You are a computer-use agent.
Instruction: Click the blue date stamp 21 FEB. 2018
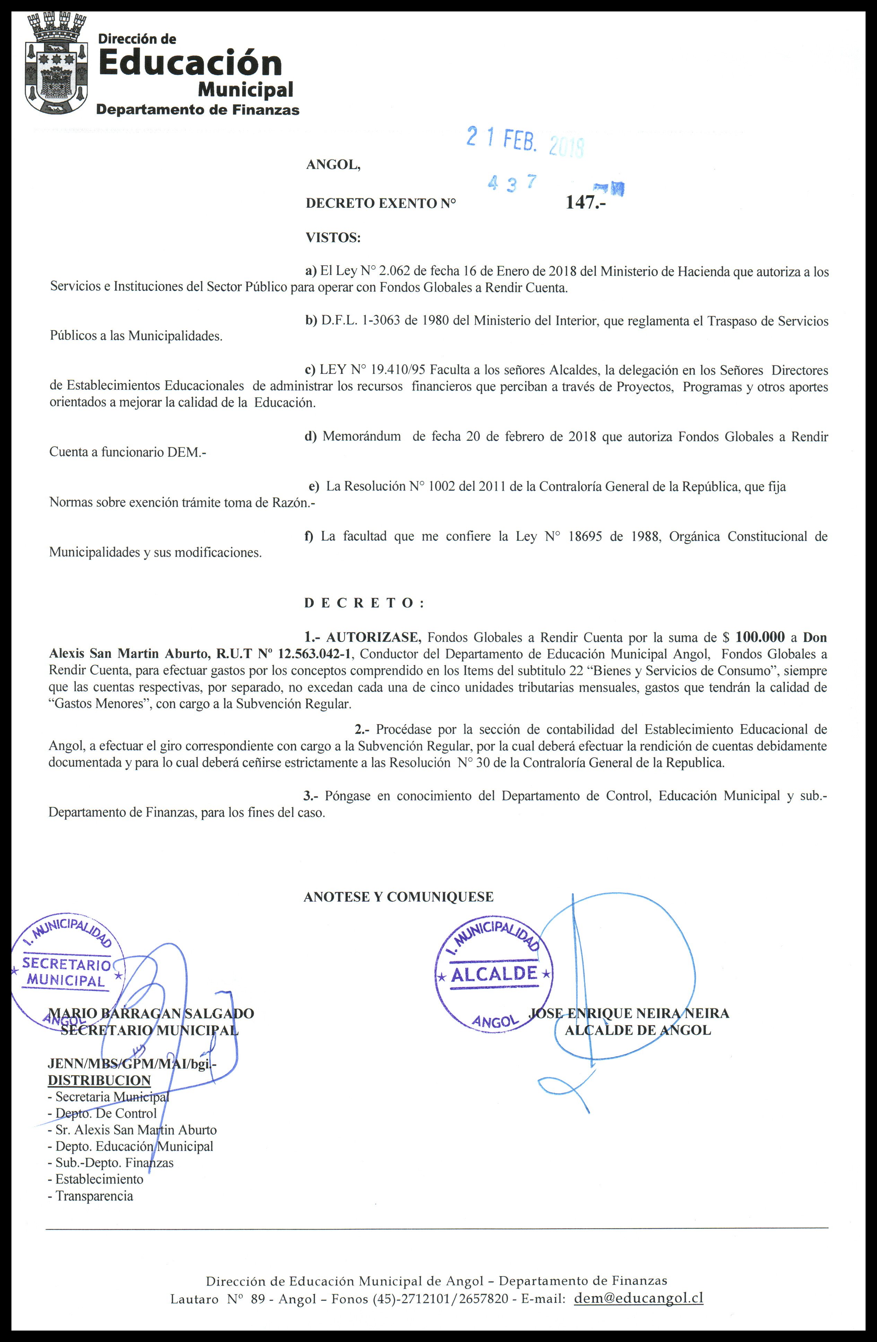tap(525, 141)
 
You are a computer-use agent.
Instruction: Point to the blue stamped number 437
tap(512, 183)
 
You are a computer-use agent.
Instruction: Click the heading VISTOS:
tap(333, 238)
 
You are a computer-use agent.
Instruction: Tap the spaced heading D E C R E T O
tap(364, 603)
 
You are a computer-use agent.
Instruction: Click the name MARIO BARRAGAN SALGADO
tap(151, 1013)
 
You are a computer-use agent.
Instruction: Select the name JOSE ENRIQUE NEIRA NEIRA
tap(629, 1013)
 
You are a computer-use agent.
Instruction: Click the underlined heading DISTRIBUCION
tap(99, 1081)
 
